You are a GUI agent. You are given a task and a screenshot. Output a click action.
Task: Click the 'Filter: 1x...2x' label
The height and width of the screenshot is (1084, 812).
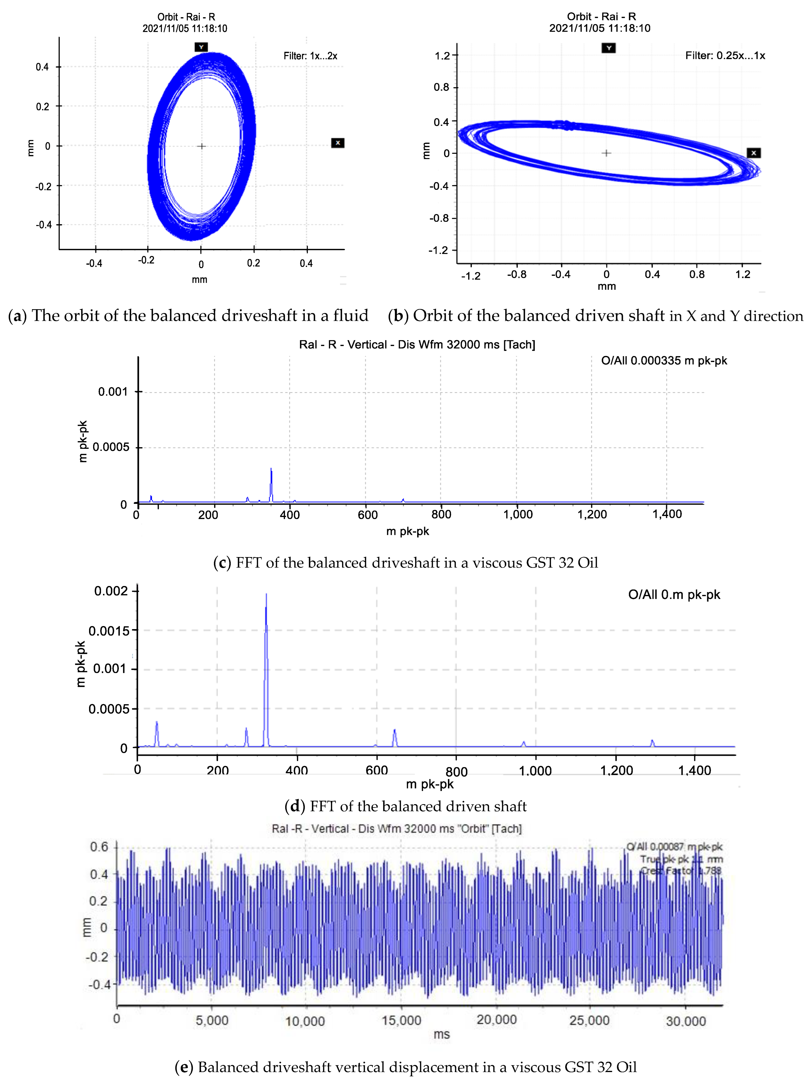[310, 56]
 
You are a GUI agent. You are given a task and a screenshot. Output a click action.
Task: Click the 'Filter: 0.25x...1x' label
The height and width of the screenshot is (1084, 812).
[725, 55]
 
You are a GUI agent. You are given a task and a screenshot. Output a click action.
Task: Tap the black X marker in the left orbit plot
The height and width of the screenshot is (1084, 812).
[338, 143]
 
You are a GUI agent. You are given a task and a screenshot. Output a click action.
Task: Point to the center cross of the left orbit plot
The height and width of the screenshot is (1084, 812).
[201, 146]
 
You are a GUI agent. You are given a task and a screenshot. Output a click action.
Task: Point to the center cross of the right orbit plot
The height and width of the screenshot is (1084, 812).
[606, 153]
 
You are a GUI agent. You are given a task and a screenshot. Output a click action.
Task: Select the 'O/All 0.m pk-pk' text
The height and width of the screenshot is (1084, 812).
[674, 595]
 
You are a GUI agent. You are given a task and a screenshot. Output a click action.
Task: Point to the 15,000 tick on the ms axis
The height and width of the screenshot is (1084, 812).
[401, 1020]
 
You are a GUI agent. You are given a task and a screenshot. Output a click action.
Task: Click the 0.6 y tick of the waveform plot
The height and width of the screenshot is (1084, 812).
[99, 847]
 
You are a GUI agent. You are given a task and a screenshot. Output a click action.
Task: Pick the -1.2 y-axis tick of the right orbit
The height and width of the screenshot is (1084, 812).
[438, 250]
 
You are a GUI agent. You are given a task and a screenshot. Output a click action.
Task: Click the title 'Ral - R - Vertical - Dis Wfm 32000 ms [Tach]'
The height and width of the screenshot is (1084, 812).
[417, 344]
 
